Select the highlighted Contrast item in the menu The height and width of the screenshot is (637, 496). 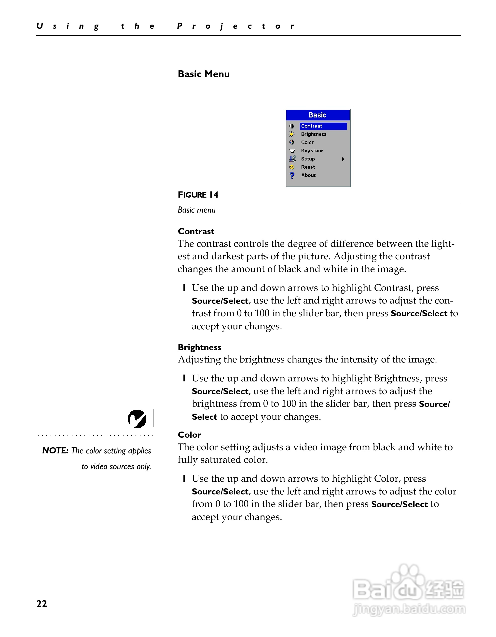[323, 126]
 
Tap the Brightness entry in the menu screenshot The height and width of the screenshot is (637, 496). [314, 134]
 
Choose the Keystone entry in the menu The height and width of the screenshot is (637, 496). [312, 150]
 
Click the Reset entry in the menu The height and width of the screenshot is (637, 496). [308, 167]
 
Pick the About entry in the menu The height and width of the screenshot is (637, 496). [308, 175]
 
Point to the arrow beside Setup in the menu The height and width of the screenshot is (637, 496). [343, 159]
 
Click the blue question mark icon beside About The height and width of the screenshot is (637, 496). [292, 175]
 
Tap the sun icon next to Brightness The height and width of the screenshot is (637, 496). [292, 134]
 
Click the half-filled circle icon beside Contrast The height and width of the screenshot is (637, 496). [292, 126]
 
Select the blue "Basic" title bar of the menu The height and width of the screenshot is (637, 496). [318, 115]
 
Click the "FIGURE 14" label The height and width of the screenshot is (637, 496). [198, 195]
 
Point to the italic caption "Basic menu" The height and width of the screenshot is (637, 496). [196, 210]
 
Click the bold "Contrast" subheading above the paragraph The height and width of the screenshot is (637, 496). [196, 231]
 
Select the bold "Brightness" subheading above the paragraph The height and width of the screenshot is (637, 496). [199, 347]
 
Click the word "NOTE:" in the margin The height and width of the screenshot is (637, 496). [55, 451]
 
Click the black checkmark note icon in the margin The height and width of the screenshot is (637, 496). [137, 419]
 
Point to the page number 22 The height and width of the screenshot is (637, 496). [42, 604]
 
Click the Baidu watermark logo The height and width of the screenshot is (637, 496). [408, 592]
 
